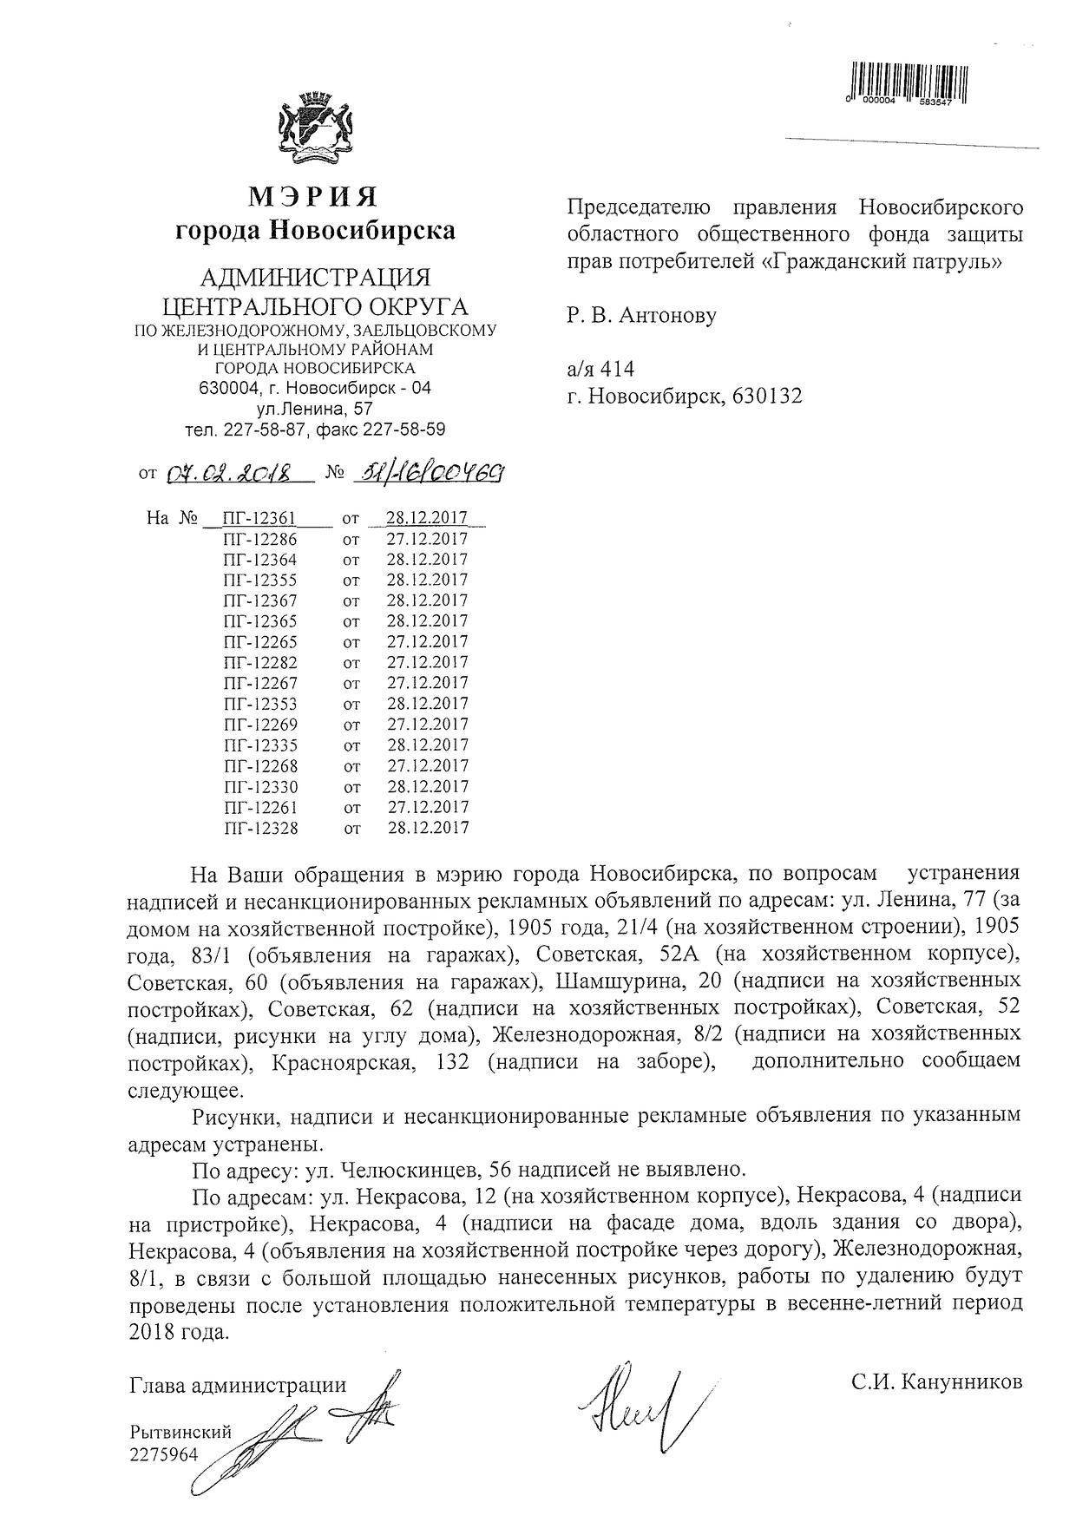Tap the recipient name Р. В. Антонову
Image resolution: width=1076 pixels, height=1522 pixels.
tap(642, 315)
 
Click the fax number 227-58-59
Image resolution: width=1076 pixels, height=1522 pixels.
tap(405, 430)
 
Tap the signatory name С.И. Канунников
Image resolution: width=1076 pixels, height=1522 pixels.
tap(936, 1381)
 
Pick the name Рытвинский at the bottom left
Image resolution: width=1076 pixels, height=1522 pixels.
tap(180, 1432)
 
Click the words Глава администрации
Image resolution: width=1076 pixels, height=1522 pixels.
tap(237, 1385)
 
